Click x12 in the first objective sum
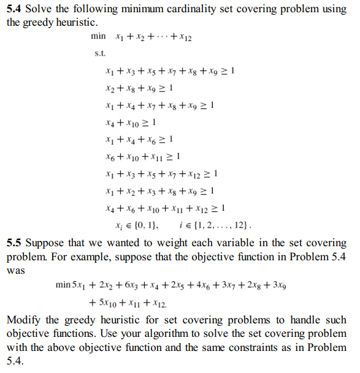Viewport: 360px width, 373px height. [184, 37]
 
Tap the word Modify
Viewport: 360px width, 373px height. [24, 320]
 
